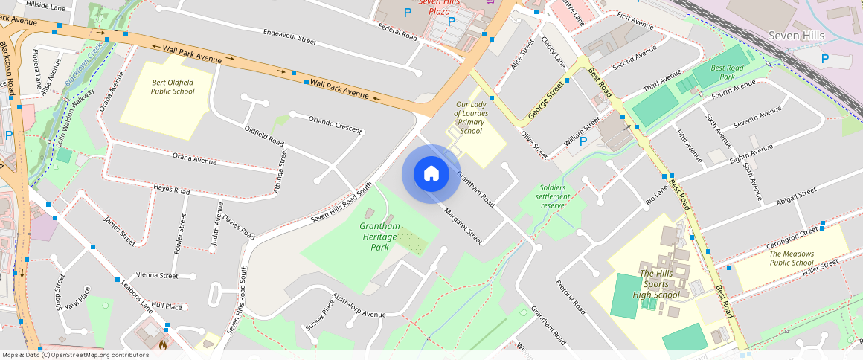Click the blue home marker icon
(x=431, y=174)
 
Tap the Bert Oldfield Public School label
(x=173, y=87)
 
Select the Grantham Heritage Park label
(x=379, y=237)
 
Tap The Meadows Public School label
(x=791, y=258)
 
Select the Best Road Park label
(x=727, y=72)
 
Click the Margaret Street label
(x=463, y=226)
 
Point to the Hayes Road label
(x=171, y=190)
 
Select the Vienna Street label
(x=156, y=276)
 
